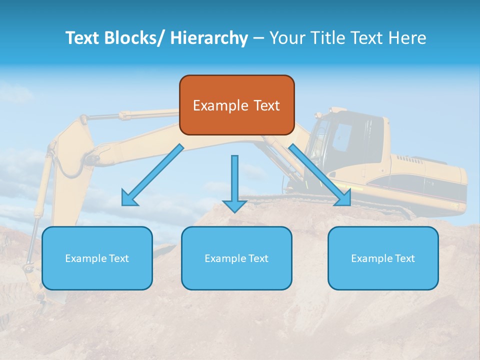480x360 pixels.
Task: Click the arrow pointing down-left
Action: tap(152, 175)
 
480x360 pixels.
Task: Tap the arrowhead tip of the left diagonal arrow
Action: tap(125, 203)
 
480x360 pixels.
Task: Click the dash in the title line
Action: tap(258, 38)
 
